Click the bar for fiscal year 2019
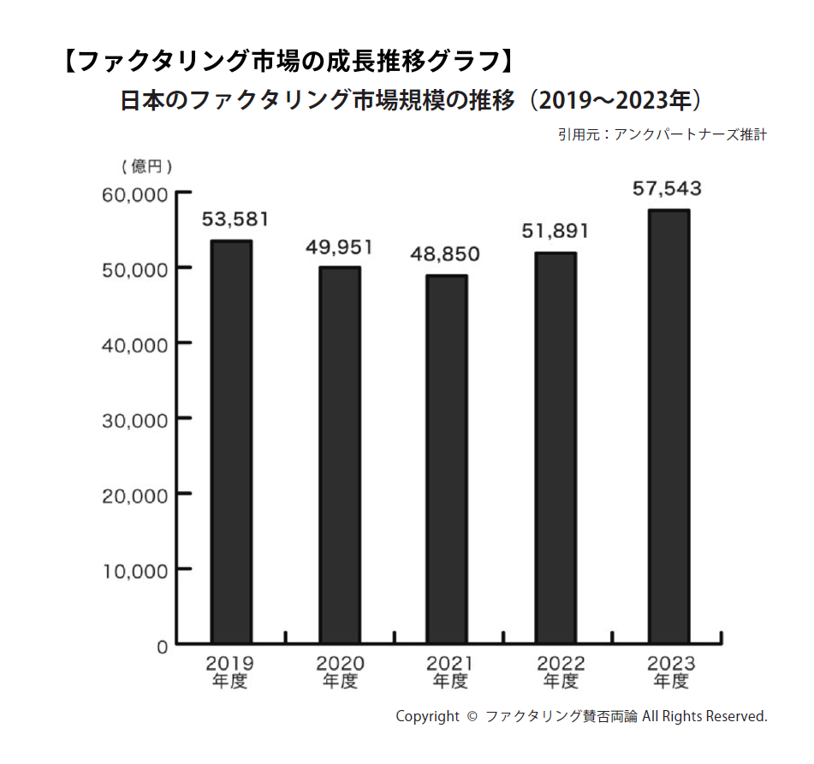point(231,441)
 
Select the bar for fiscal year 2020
point(340,455)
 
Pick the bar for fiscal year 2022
point(556,447)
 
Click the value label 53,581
point(235,220)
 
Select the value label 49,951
point(340,248)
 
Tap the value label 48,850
point(445,254)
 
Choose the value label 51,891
point(555,231)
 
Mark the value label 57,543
point(667,189)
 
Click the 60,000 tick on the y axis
point(135,195)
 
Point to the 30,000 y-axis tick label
point(135,420)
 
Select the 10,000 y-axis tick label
point(135,571)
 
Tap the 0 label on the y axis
point(162,646)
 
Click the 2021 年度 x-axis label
point(450,672)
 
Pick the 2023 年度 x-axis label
point(670,672)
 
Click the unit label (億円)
point(146,166)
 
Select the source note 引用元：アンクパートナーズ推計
point(662,134)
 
